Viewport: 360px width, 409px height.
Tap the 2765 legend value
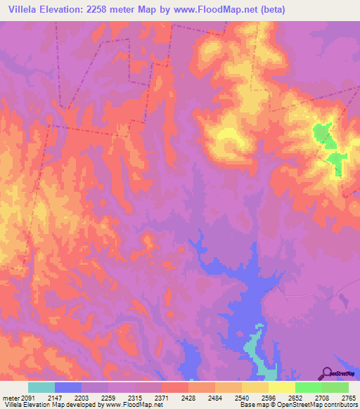tap(348, 398)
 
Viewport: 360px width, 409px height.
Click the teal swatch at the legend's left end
tap(41, 387)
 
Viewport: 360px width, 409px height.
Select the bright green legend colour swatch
tap(308, 387)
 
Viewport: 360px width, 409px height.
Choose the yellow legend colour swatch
tap(281, 387)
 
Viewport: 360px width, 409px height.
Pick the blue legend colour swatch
tap(68, 387)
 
